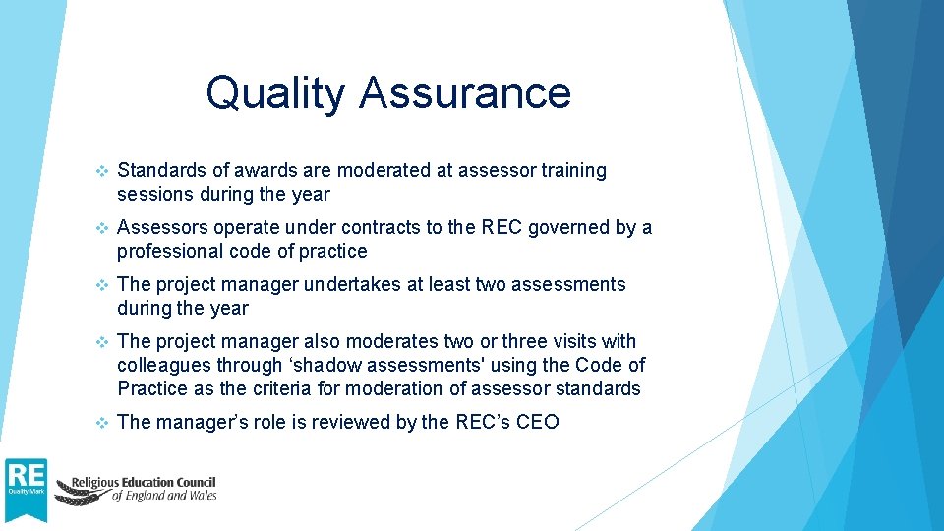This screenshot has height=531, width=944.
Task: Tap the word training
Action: [x=574, y=170]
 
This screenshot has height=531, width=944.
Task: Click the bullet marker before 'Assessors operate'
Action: [x=98, y=227]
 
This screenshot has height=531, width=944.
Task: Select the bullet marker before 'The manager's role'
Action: [x=98, y=422]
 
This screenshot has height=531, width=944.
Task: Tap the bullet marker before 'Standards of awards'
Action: [x=98, y=170]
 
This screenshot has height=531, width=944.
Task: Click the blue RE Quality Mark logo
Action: [x=25, y=488]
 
